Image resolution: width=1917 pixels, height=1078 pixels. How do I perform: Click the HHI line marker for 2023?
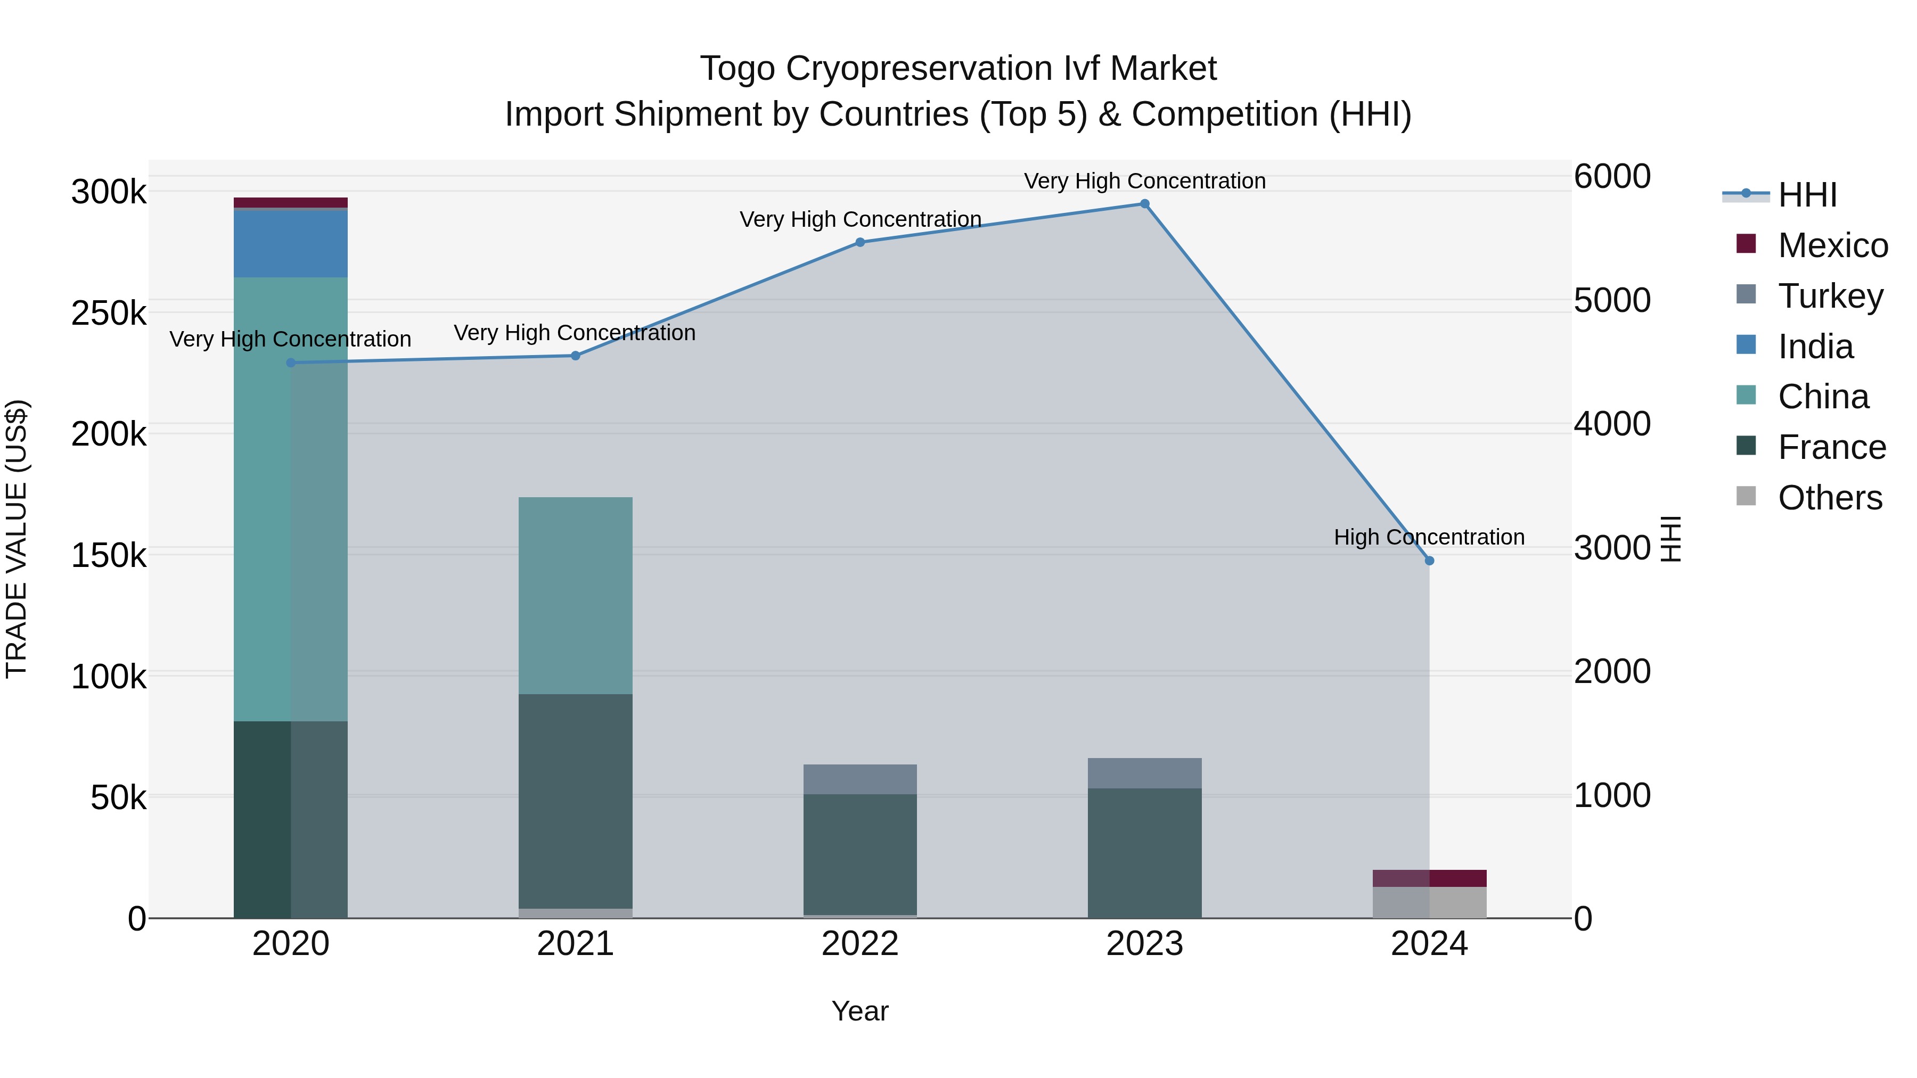[x=1144, y=204]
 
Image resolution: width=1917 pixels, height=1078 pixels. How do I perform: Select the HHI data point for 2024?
[x=1429, y=560]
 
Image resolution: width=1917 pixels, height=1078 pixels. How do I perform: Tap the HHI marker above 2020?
[x=291, y=363]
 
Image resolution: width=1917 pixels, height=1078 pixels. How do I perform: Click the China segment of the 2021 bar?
[x=575, y=595]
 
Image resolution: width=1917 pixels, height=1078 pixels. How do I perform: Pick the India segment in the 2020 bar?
[x=291, y=244]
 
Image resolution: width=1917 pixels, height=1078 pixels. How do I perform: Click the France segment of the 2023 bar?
[x=1144, y=853]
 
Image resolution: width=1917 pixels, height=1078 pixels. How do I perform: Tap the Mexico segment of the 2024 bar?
[x=1429, y=878]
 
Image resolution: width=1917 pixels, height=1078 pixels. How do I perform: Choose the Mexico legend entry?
[x=1832, y=245]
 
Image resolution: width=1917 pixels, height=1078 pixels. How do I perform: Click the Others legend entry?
[x=1829, y=498]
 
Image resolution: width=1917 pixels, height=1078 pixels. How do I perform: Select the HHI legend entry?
[x=1807, y=195]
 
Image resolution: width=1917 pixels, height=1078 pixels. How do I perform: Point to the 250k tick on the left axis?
[x=109, y=313]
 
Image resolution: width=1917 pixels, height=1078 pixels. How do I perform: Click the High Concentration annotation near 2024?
[x=1429, y=537]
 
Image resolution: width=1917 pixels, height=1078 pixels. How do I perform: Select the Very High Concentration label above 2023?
[x=1144, y=181]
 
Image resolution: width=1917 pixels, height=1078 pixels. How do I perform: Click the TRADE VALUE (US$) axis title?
[x=17, y=539]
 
